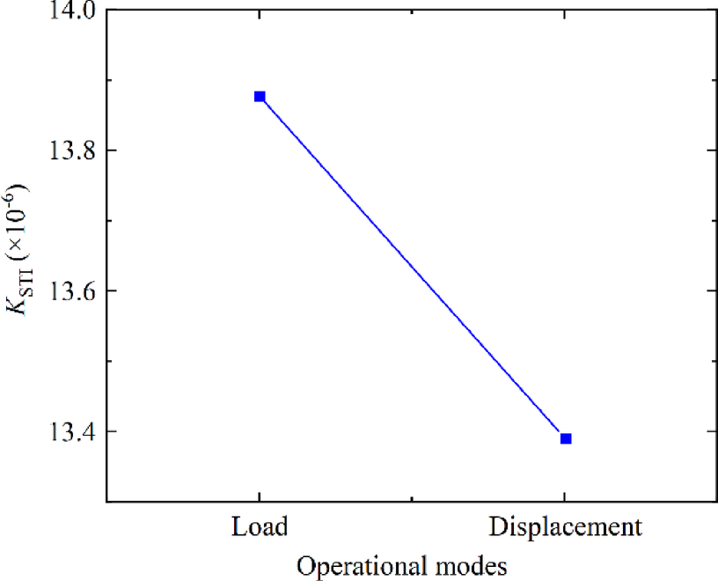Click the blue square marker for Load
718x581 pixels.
tap(260, 96)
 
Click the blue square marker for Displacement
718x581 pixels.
tap(566, 438)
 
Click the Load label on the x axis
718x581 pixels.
tap(260, 527)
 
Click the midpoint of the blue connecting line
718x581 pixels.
tap(413, 268)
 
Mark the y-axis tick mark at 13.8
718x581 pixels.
tap(111, 151)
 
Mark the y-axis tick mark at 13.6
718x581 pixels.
tap(111, 290)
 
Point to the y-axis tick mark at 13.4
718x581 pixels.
tap(111, 431)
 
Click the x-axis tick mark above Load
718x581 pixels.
tap(260, 497)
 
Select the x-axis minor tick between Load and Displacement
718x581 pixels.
tap(413, 499)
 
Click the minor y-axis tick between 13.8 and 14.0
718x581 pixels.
tap(109, 80)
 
